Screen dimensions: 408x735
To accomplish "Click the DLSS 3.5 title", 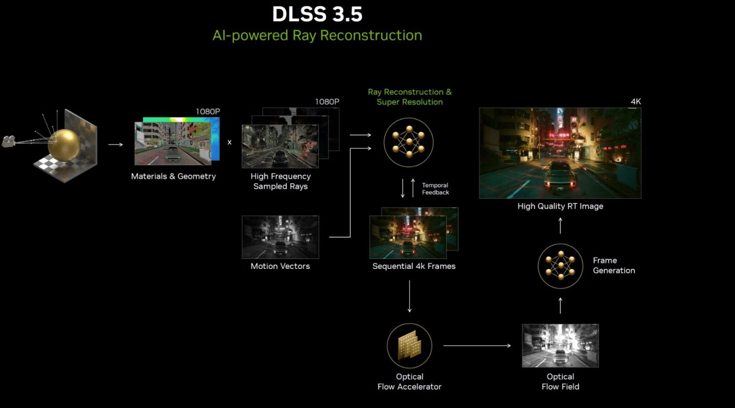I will (x=317, y=14).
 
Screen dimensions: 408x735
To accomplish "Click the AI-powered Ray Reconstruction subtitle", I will (x=317, y=35).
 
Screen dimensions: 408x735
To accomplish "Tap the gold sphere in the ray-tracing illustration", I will (x=64, y=144).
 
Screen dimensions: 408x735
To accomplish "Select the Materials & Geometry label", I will (x=173, y=176).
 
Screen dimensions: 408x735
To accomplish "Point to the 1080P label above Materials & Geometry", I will (x=208, y=112).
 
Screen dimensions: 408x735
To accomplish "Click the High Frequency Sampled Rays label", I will (x=280, y=181).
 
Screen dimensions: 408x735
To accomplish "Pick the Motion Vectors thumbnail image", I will (x=280, y=237).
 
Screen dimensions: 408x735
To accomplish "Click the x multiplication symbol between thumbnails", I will (x=229, y=142).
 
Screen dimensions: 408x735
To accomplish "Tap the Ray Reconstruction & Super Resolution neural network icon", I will (x=408, y=142).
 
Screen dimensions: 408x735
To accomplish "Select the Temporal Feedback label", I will (x=435, y=189).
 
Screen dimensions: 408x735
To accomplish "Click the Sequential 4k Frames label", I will (x=414, y=266).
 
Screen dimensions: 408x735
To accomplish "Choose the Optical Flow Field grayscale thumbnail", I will (x=560, y=346).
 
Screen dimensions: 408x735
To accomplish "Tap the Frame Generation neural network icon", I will (x=560, y=266).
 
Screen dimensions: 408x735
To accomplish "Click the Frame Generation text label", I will (x=614, y=265).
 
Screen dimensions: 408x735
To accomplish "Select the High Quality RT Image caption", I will (x=560, y=207).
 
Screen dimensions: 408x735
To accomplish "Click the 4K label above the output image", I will (x=635, y=101).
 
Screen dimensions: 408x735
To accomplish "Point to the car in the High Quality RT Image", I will (x=559, y=175).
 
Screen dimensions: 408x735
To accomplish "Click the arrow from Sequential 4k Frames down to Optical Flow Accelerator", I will (x=409, y=296).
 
